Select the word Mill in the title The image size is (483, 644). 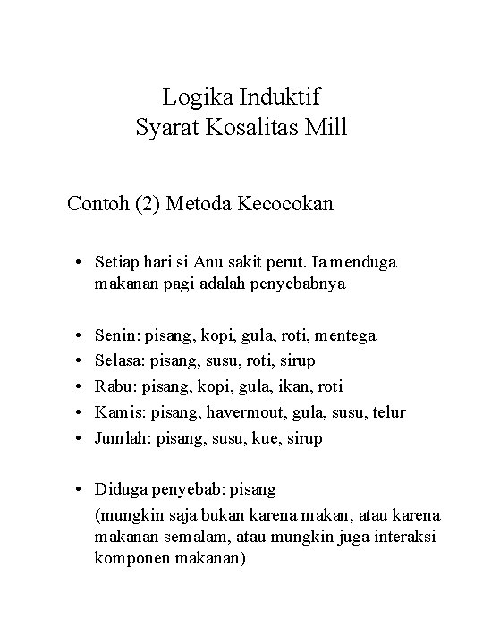point(326,128)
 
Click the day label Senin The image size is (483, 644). point(114,335)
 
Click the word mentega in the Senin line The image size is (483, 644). point(346,335)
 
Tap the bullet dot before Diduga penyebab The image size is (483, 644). point(80,490)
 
